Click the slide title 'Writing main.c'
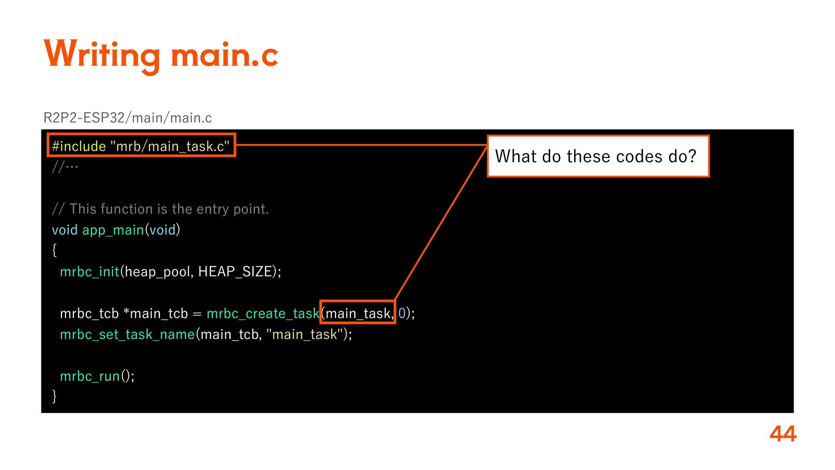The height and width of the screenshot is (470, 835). (x=160, y=55)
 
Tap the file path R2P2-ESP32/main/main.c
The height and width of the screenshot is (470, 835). (x=127, y=118)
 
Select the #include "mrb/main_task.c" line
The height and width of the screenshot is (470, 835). (x=140, y=146)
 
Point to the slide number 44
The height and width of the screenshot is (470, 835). (x=782, y=434)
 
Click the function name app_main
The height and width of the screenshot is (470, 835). (x=113, y=230)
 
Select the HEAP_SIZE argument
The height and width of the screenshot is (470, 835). (x=235, y=272)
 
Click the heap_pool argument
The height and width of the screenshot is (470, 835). (x=157, y=272)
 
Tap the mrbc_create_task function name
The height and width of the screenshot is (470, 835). (x=263, y=313)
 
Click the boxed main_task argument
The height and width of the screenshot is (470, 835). (x=357, y=313)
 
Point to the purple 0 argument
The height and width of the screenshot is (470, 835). (x=401, y=313)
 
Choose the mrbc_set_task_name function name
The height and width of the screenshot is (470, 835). (x=127, y=334)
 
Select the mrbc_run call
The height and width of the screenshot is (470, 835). (x=97, y=376)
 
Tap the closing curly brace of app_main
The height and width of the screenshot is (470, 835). (x=54, y=396)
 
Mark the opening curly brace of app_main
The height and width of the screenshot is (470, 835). (x=54, y=250)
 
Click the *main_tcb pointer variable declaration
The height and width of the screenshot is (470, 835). (x=156, y=313)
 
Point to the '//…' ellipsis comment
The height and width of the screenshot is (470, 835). (x=65, y=167)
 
